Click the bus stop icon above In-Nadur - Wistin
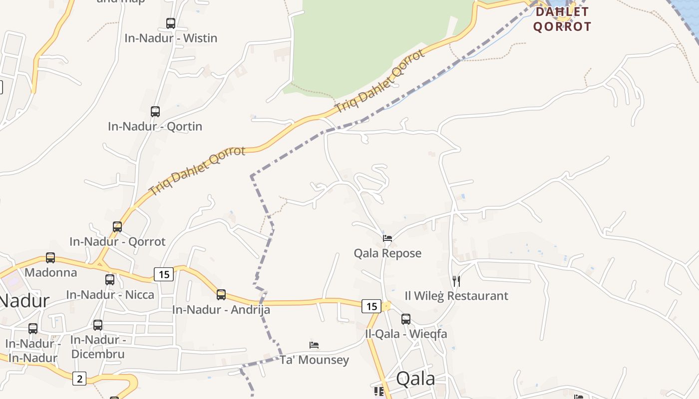(171, 23)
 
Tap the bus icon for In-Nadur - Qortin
(155, 111)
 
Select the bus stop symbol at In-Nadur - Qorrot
(117, 227)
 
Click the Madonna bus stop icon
(50, 258)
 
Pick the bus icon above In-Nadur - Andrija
(221, 295)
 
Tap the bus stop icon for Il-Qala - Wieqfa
(406, 319)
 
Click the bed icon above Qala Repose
(387, 238)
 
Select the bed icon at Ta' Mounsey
(314, 345)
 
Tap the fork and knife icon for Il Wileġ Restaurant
(456, 281)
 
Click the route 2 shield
(79, 379)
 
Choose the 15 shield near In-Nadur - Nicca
(163, 274)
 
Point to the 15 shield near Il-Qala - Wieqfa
(371, 306)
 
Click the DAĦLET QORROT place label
(562, 19)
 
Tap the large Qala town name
(415, 379)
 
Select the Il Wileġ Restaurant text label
(456, 296)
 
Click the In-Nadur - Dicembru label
(98, 347)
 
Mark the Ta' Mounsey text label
(314, 360)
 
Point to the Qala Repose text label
(387, 253)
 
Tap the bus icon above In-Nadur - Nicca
(110, 280)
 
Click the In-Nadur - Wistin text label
(171, 38)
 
